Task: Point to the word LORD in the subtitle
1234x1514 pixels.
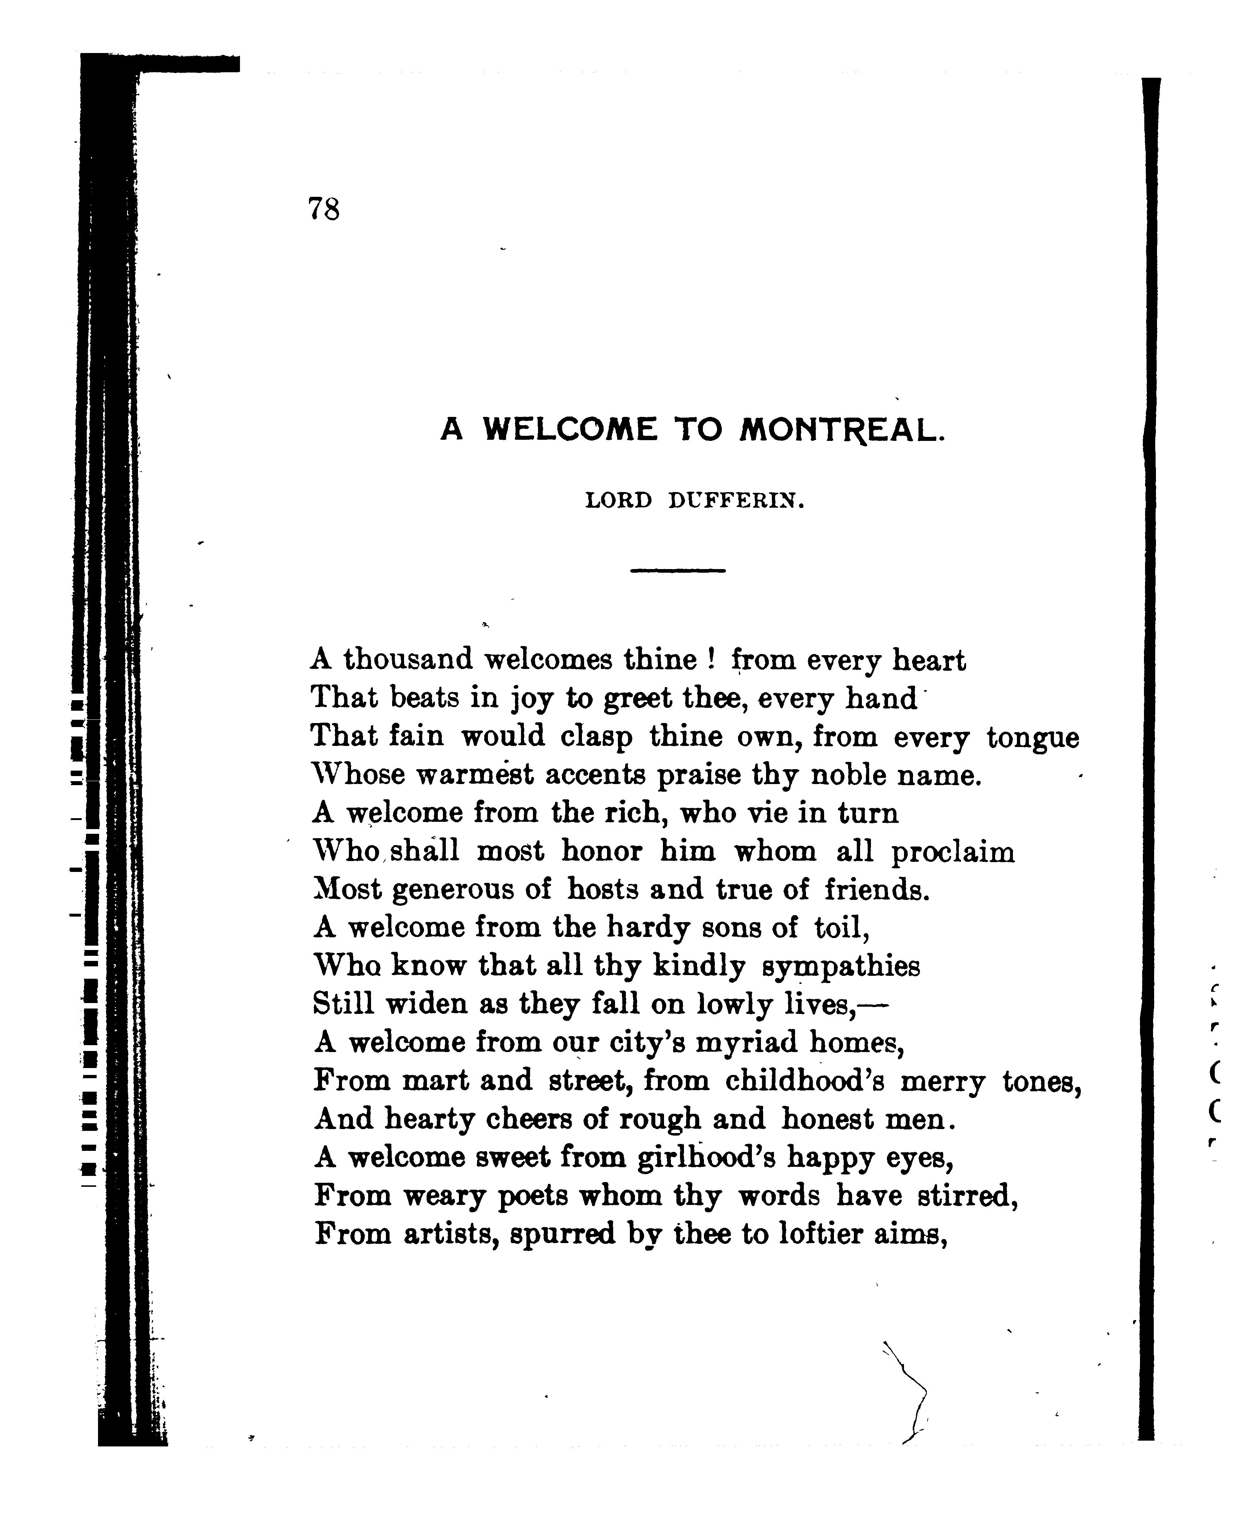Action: coord(618,502)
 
